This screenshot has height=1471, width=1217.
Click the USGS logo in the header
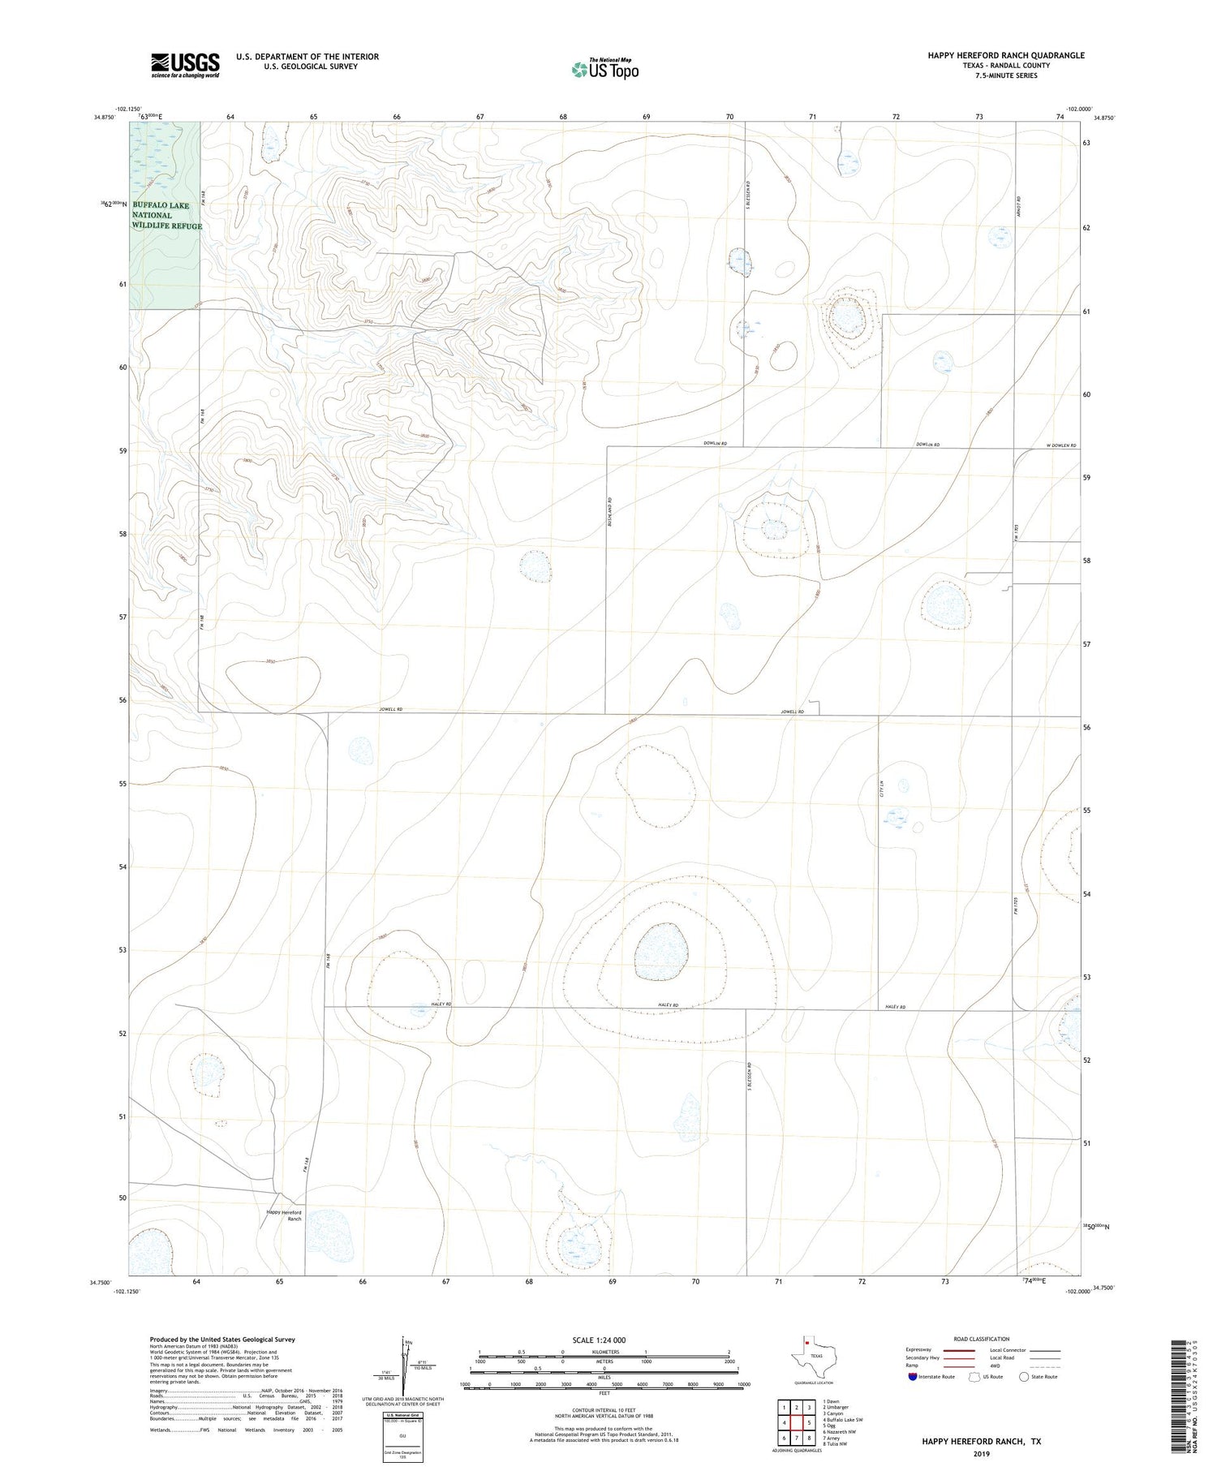point(185,65)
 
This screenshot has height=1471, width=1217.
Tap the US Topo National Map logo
point(604,69)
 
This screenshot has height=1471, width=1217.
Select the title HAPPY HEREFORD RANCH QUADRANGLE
point(1006,55)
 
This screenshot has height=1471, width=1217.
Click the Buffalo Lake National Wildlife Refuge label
point(166,216)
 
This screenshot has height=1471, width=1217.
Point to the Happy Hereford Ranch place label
point(284,1215)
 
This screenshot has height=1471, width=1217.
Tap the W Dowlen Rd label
point(1061,445)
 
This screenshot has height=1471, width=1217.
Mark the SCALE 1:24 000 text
point(599,1340)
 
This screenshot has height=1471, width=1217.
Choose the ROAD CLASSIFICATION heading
point(982,1339)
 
